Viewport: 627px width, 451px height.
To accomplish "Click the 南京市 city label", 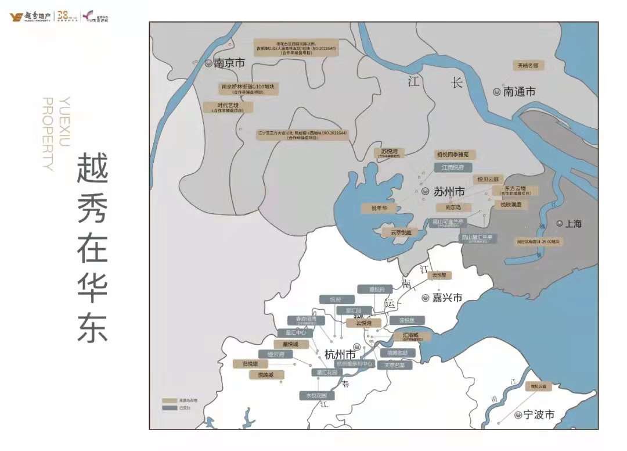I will click(229, 63).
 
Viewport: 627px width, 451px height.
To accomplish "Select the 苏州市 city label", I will click(449, 191).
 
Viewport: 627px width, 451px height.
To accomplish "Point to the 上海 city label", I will click(574, 224).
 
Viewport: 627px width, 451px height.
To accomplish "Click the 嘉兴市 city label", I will click(447, 297).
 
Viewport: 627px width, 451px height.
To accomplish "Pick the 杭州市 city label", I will click(340, 354).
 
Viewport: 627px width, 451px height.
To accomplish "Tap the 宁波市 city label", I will click(539, 415).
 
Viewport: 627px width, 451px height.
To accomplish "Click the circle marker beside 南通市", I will click(497, 91).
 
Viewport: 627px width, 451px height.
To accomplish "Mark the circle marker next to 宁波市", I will click(517, 415).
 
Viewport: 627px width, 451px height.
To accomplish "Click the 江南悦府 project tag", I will click(453, 167).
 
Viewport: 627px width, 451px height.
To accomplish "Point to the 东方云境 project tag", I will click(516, 190).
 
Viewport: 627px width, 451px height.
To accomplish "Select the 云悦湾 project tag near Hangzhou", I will click(363, 323).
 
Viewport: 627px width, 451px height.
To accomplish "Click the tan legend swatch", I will click(170, 400).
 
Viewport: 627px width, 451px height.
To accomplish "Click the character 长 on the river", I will click(456, 83).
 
